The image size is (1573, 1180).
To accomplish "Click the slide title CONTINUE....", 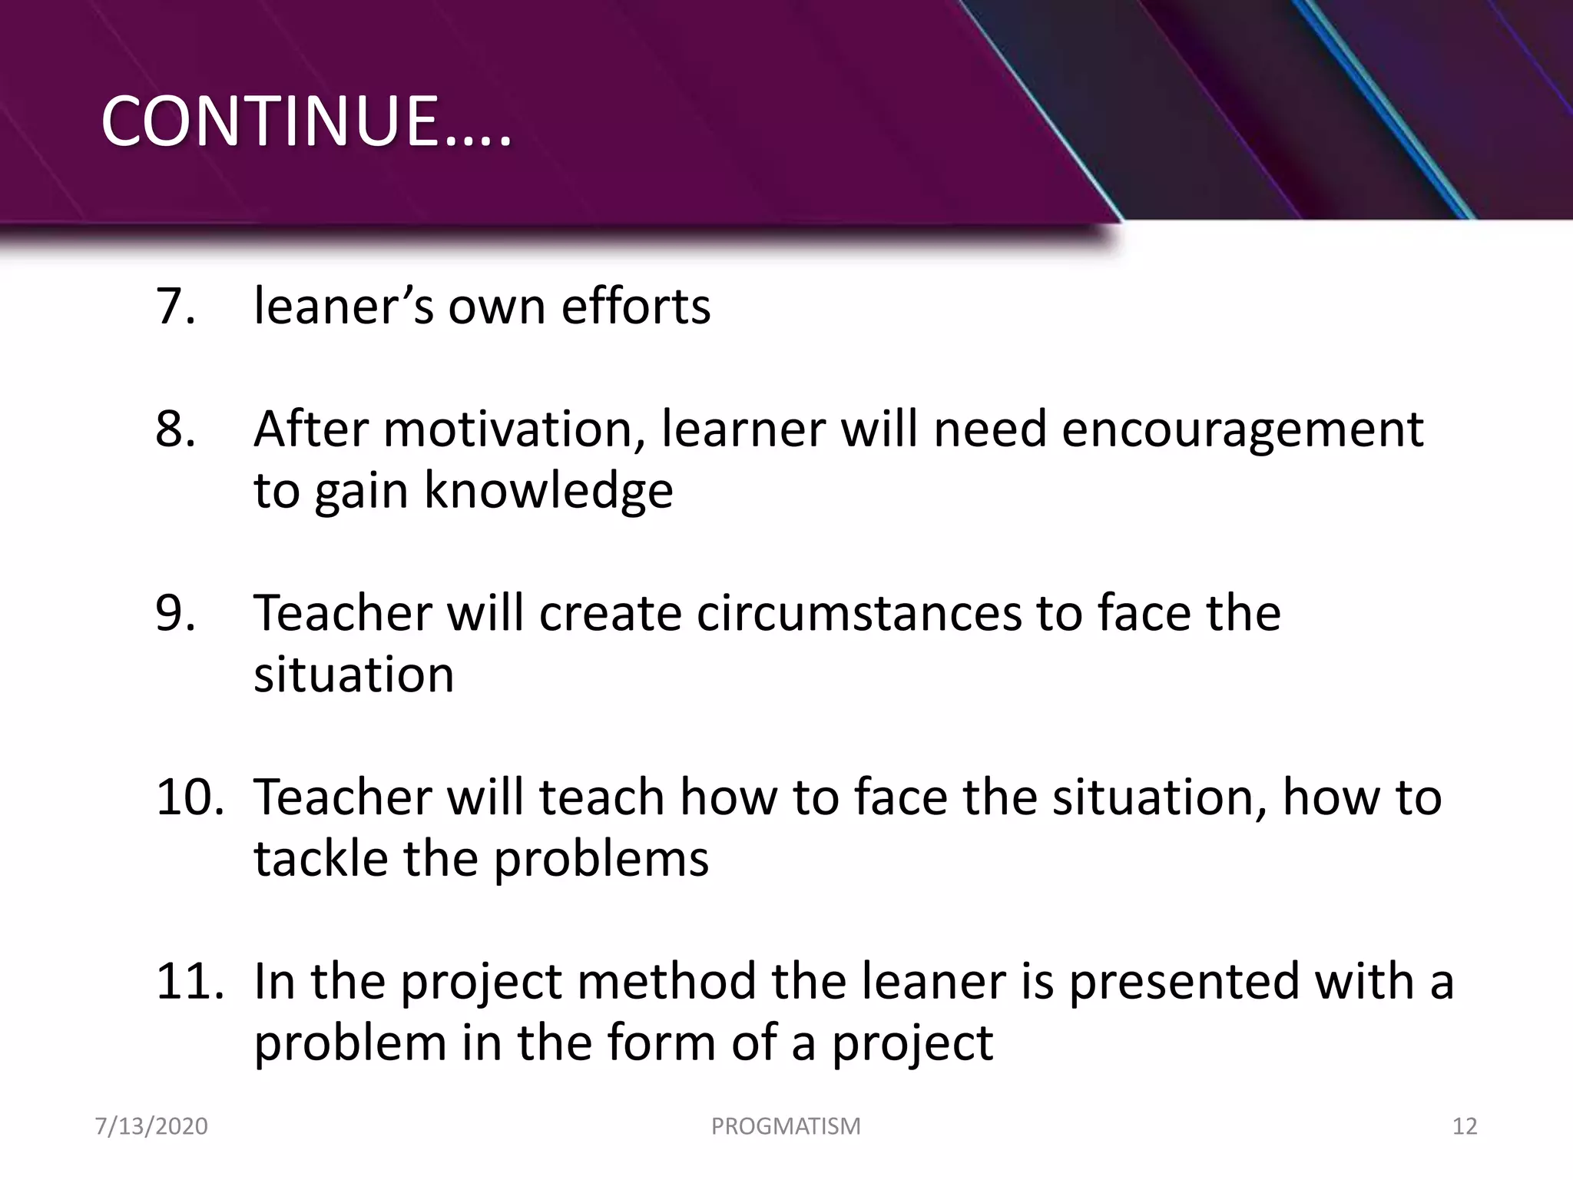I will pyautogui.click(x=306, y=121).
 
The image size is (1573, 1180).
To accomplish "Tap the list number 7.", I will pyautogui.click(x=175, y=307).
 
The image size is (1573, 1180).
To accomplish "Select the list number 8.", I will pyautogui.click(x=175, y=429).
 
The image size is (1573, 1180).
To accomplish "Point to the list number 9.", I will pyautogui.click(x=175, y=613).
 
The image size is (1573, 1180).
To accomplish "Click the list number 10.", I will pyautogui.click(x=189, y=797).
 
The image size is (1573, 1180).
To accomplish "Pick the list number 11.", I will pyautogui.click(x=189, y=981).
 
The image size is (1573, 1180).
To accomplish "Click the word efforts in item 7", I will pyautogui.click(x=635, y=307).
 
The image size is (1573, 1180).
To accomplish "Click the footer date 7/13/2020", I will pyautogui.click(x=151, y=1126).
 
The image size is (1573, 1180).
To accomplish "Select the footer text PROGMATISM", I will pyautogui.click(x=786, y=1126).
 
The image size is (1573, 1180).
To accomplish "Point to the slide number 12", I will pyautogui.click(x=1465, y=1126).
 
